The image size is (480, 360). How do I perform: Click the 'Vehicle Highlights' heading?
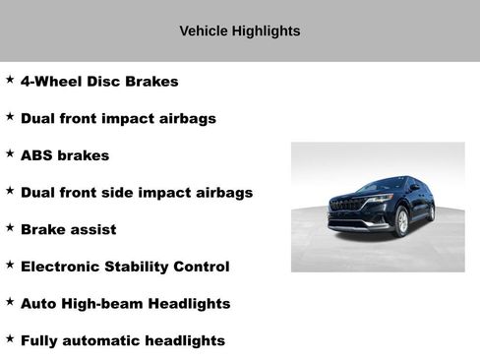(x=239, y=31)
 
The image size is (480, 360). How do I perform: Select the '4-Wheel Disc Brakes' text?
(x=99, y=82)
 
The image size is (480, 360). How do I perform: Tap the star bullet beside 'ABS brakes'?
(x=10, y=153)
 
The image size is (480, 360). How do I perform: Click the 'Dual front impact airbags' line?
(x=118, y=118)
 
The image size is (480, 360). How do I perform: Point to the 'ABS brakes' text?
(x=65, y=155)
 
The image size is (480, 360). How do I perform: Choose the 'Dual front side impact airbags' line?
(x=137, y=193)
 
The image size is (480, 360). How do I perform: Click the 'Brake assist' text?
(x=68, y=229)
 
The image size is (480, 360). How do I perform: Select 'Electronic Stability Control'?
(x=125, y=267)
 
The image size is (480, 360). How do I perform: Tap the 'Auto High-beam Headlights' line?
(x=125, y=304)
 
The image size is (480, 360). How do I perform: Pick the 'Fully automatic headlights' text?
(x=123, y=341)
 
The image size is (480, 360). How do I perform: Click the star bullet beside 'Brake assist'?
(x=10, y=227)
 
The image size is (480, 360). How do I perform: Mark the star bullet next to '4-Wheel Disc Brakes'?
(x=10, y=79)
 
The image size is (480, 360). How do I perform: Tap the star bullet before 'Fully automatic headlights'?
(x=10, y=338)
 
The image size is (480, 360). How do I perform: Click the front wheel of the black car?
(x=401, y=222)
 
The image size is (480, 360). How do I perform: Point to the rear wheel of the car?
(x=431, y=211)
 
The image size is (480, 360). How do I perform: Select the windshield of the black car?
(x=380, y=185)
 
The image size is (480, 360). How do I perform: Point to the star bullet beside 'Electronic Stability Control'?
(x=10, y=265)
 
